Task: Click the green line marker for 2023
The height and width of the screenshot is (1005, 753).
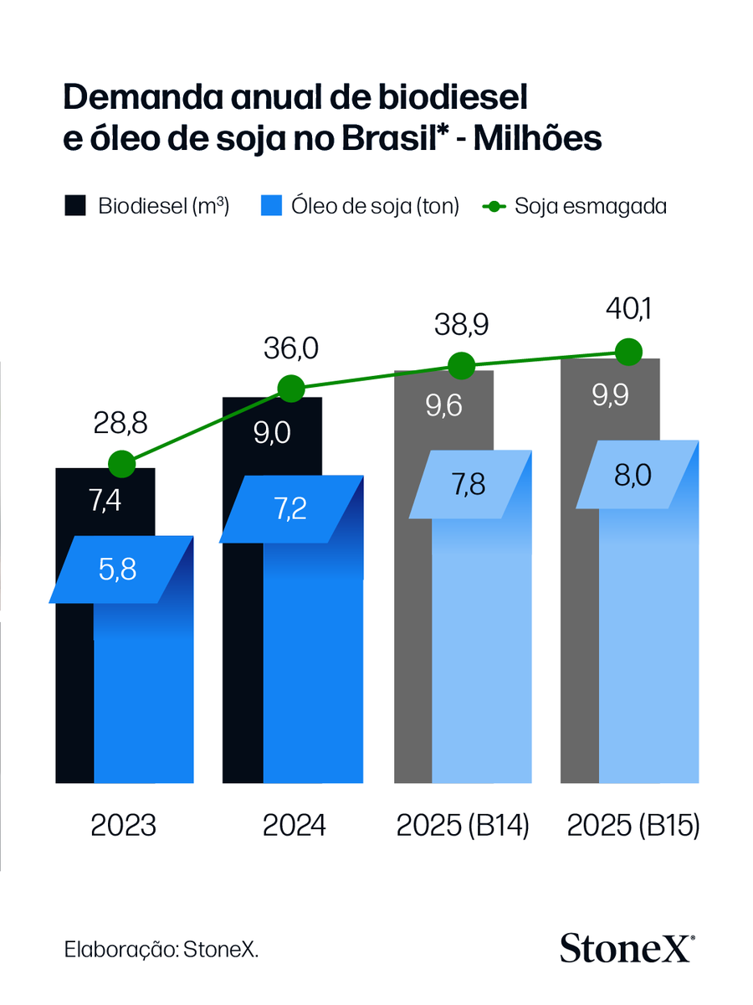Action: pos(122,463)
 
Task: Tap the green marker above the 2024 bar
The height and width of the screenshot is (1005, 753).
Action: pos(290,389)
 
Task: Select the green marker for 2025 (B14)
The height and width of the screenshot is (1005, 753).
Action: pos(461,365)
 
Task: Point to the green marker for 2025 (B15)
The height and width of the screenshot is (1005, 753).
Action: pos(627,352)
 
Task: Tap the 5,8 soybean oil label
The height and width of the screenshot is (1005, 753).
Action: pos(117,569)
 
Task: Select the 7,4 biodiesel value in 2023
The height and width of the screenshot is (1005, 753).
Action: pos(105,502)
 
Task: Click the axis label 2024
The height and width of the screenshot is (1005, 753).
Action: pos(294,826)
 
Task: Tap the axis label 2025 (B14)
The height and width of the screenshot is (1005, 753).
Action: pos(463,826)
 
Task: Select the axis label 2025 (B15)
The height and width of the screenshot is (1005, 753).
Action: pos(633,826)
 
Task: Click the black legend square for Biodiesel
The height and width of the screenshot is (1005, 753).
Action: pos(75,206)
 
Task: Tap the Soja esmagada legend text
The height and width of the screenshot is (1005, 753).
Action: pos(591,206)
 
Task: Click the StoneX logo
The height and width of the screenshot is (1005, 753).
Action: pos(627,948)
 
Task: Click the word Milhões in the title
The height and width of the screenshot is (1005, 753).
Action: pos(538,139)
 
